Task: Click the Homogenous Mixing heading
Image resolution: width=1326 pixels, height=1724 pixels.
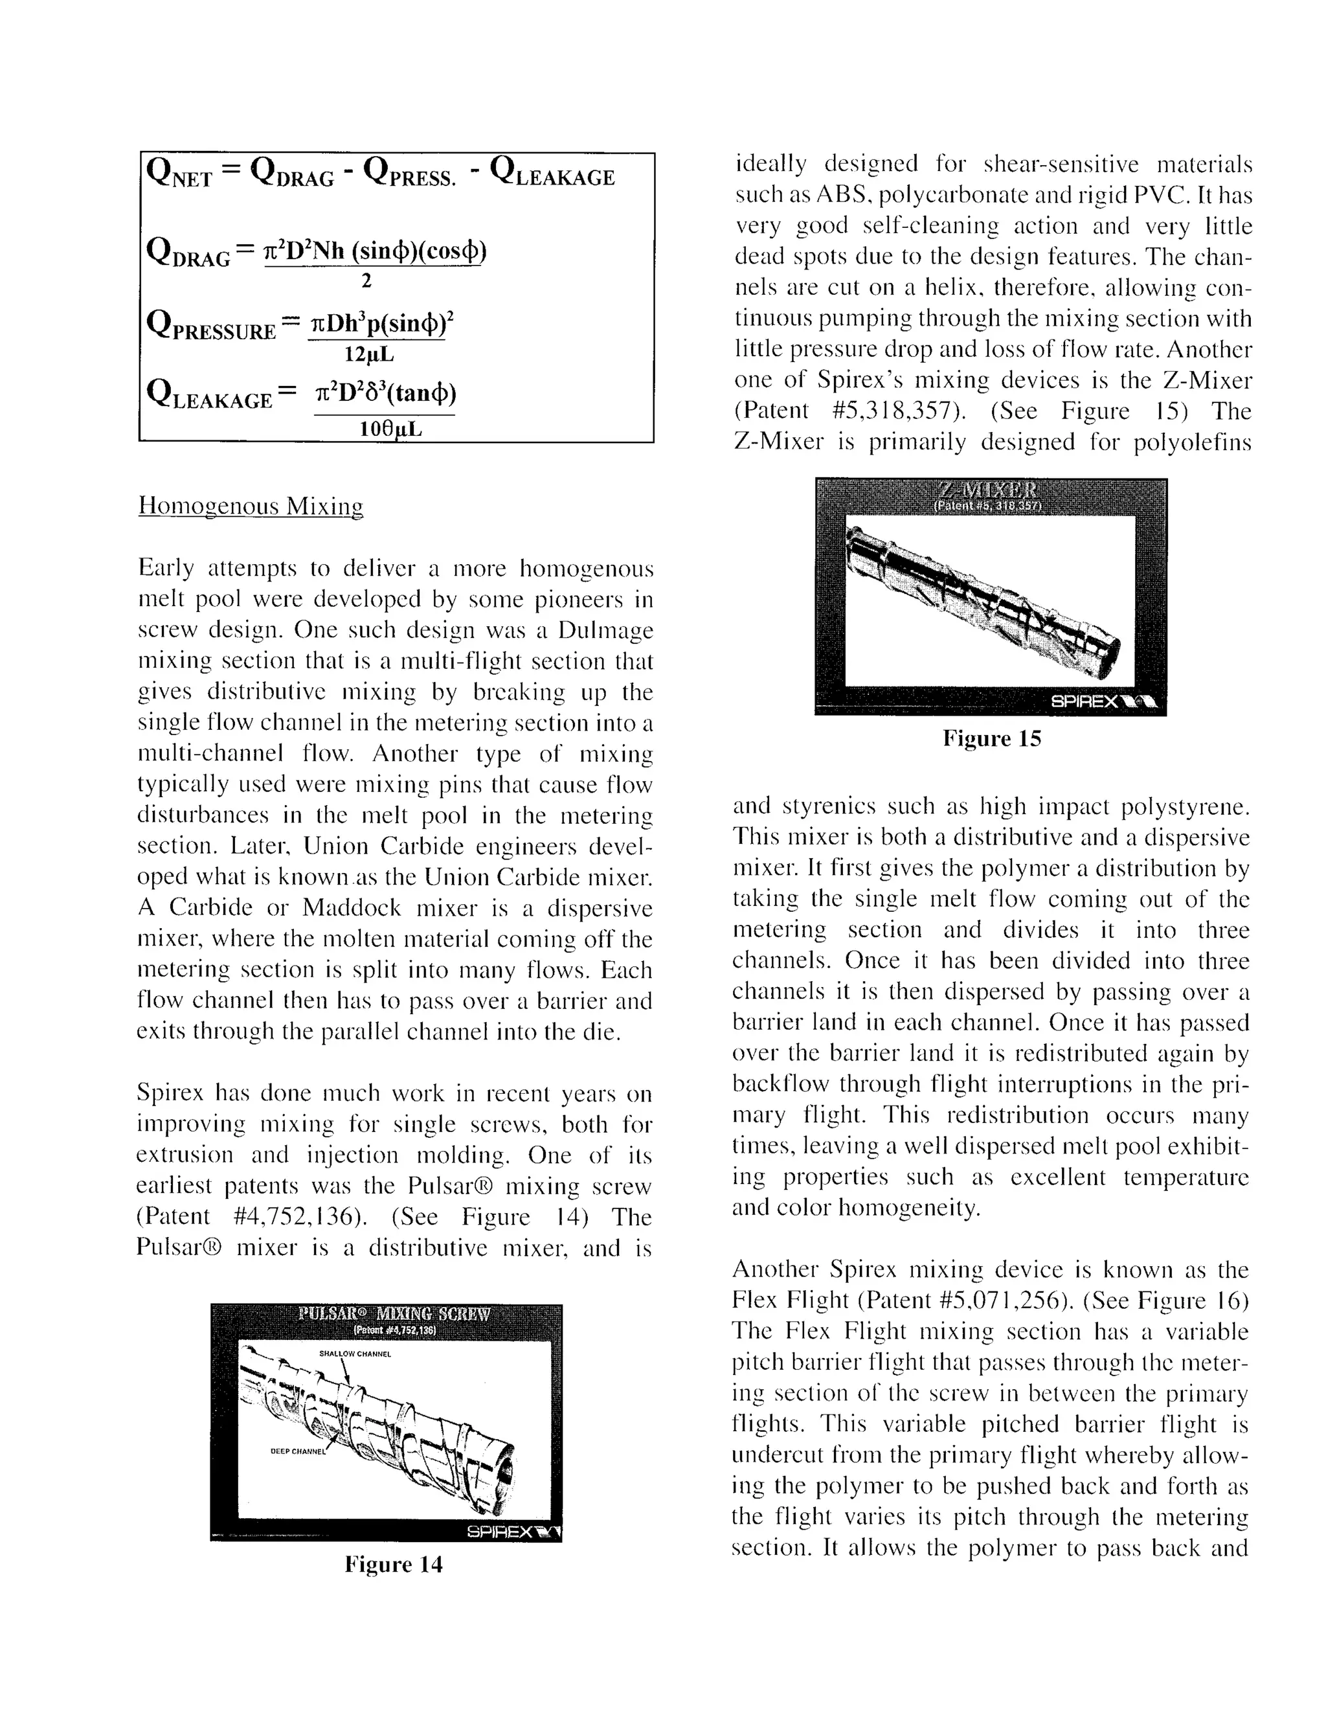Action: click(251, 505)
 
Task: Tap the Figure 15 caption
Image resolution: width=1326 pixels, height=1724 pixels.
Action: click(992, 739)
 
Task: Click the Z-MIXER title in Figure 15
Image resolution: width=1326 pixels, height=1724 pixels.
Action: click(990, 490)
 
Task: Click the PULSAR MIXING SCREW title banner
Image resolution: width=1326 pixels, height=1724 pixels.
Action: click(394, 1314)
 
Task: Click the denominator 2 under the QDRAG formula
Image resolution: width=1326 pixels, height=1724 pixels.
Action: click(365, 281)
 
